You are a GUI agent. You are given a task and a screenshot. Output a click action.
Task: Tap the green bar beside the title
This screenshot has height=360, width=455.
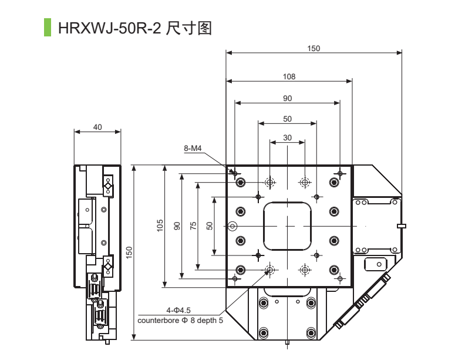tap(48, 27)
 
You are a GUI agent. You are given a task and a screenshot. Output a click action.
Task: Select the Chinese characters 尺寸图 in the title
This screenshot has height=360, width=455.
tap(188, 28)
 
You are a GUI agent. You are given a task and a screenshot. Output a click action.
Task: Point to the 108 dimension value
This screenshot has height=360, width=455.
tap(289, 76)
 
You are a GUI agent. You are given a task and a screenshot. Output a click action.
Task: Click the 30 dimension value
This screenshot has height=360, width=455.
tap(287, 137)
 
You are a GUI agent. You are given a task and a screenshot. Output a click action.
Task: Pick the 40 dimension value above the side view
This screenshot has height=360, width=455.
tap(97, 127)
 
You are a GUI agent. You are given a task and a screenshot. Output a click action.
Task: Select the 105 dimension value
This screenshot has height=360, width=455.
tap(160, 226)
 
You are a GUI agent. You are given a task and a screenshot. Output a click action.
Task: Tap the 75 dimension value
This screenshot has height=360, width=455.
tap(193, 226)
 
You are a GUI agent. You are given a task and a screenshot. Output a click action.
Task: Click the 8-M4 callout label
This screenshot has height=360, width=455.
tap(193, 149)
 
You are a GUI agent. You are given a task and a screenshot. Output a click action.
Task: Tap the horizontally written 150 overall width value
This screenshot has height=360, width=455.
tap(314, 49)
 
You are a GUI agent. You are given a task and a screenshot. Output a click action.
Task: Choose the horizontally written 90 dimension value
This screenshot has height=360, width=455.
tap(287, 98)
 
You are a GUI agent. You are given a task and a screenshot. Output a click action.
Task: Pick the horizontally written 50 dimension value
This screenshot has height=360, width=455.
tap(287, 119)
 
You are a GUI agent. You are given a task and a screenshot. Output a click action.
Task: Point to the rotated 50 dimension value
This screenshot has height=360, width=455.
tap(210, 226)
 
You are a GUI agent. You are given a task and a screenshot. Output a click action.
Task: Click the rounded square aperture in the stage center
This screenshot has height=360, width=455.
tap(287, 226)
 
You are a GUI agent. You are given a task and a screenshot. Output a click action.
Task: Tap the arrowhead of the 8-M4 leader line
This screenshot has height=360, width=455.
tap(233, 171)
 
